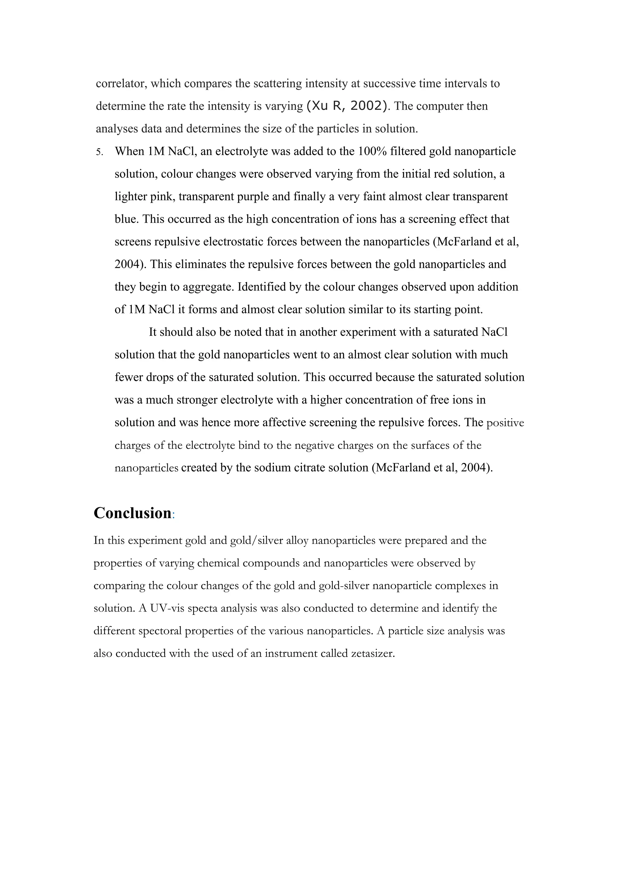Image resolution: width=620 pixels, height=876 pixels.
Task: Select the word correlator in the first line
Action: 121,84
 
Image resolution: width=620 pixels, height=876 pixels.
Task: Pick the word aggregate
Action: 208,287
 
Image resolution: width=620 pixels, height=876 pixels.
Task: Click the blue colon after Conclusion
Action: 173,515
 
